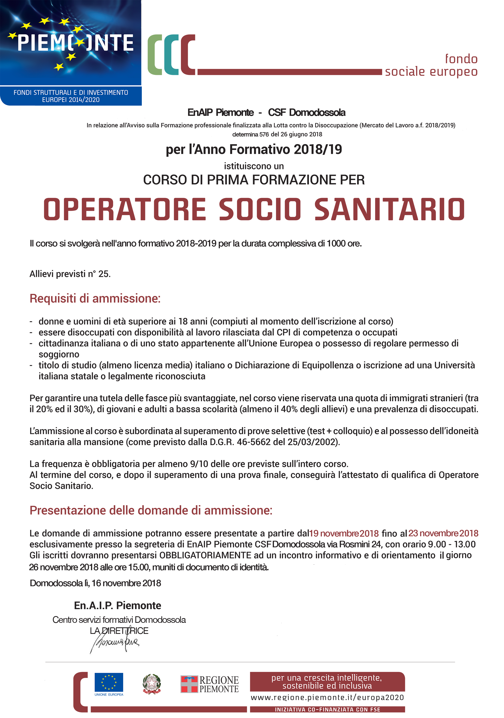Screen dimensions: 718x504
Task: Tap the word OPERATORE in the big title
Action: tap(125, 209)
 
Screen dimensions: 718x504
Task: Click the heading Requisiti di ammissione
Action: tap(95, 298)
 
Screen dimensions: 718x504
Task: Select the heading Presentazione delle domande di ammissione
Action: tap(151, 510)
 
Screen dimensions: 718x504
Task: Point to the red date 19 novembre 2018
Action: tap(344, 534)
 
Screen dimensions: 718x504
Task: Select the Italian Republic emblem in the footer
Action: tap(152, 684)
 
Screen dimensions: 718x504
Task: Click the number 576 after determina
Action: tap(264, 134)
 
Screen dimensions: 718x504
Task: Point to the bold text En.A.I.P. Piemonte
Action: tap(117, 606)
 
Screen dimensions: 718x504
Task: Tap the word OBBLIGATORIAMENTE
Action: tap(205, 555)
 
